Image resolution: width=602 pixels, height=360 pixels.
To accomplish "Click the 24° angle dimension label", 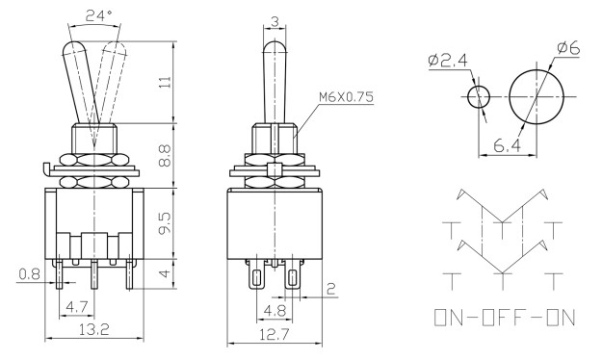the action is coord(98,15).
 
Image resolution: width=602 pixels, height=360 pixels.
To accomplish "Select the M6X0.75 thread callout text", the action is coord(346,97).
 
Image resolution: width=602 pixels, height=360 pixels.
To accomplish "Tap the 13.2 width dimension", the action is coord(94,330).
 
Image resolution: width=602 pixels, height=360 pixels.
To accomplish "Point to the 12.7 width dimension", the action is coord(274,335).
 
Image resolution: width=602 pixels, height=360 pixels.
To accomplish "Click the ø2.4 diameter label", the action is coord(447,60).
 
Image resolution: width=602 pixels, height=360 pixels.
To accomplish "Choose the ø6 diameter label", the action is coord(568,48).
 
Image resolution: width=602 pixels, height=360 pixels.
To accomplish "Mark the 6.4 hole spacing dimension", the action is coord(508,145).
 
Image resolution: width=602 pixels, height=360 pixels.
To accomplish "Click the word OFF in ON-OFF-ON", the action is coord(505,318).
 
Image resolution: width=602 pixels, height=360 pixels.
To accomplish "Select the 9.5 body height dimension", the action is coord(165,224).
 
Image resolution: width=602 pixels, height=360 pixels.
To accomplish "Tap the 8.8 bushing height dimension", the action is coord(165,156).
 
